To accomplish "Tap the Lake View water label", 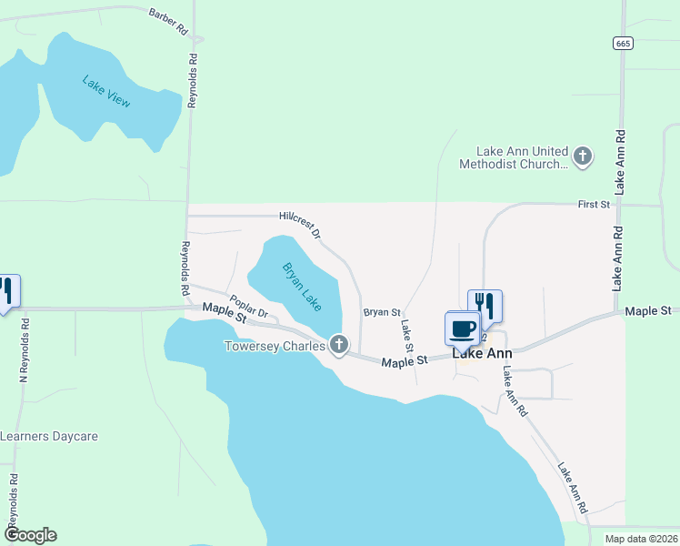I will click(106, 92).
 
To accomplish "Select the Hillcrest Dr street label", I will click(300, 224).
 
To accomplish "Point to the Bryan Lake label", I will click(301, 285).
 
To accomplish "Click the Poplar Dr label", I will click(247, 307).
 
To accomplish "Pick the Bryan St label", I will click(382, 312).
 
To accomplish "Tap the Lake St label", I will click(406, 335).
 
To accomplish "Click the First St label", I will click(594, 206).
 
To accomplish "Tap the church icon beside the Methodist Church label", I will click(582, 157).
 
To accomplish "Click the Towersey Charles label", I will click(275, 346).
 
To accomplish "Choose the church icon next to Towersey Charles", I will click(339, 345).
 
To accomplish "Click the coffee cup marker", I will click(463, 328).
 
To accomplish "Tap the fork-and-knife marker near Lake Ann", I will click(485, 305).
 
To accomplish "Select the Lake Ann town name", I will click(482, 354).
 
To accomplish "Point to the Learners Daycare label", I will click(48, 436).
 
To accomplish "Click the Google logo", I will click(30, 535).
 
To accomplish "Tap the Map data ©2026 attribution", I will click(640, 539).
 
